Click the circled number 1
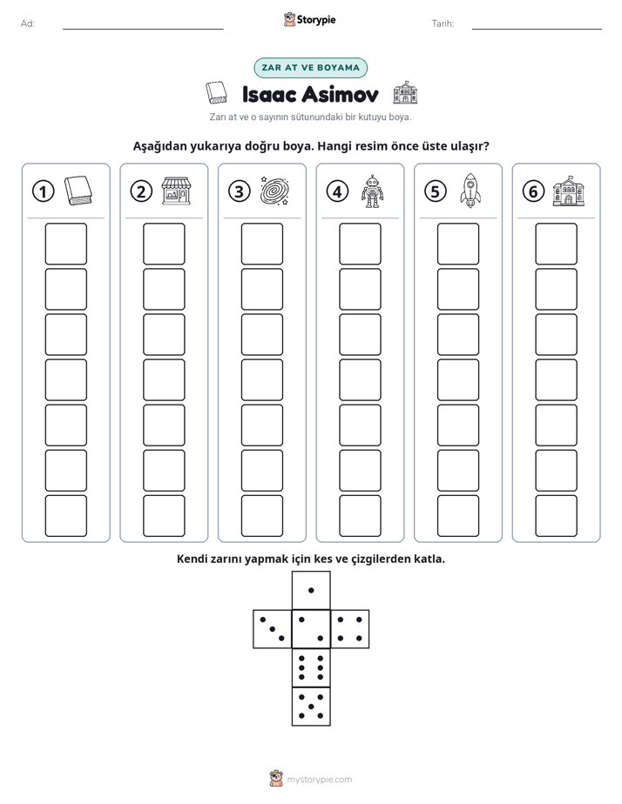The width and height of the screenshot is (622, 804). [x=43, y=191]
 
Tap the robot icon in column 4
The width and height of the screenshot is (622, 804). [x=372, y=191]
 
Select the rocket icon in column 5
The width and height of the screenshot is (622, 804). [x=470, y=191]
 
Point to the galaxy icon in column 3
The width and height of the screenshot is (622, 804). [x=275, y=191]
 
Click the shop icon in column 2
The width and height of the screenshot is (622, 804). [x=177, y=191]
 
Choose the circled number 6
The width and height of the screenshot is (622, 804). [x=533, y=191]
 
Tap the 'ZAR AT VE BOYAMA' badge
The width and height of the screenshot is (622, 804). [x=310, y=68]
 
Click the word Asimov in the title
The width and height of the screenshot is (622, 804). [x=340, y=94]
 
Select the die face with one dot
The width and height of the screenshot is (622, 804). [x=311, y=591]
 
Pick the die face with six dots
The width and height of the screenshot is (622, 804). [x=311, y=667]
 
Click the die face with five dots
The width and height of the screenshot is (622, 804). [x=311, y=707]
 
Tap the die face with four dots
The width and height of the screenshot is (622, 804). [x=350, y=629]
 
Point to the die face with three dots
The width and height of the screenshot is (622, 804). [x=273, y=629]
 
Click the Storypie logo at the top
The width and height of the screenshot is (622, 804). [x=309, y=19]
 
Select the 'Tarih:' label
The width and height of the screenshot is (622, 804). [x=443, y=23]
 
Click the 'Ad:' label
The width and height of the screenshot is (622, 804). [x=28, y=23]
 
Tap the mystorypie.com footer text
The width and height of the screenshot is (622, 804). [x=319, y=780]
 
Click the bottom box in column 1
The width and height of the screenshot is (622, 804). [x=65, y=516]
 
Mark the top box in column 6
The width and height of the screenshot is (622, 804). [x=556, y=244]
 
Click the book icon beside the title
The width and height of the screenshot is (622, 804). [x=216, y=93]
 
